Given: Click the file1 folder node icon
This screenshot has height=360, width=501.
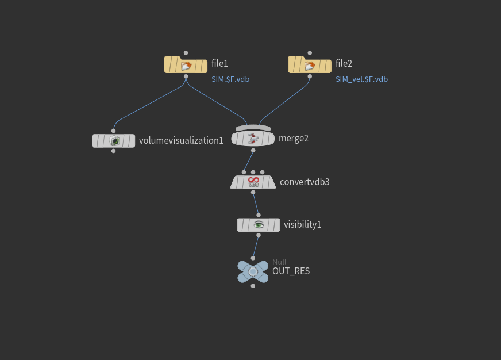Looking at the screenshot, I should pyautogui.click(x=186, y=64).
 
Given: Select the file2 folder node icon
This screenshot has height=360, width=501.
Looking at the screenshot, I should pyautogui.click(x=310, y=64).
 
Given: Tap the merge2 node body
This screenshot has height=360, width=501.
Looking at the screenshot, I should pyautogui.click(x=253, y=138).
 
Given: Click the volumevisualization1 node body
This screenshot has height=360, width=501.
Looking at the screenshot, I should pyautogui.click(x=114, y=140).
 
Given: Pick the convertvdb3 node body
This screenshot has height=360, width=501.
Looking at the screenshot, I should pyautogui.click(x=253, y=182).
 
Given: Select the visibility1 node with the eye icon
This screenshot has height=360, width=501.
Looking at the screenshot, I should pyautogui.click(x=259, y=225).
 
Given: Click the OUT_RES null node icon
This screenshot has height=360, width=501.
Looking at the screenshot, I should pyautogui.click(x=253, y=271).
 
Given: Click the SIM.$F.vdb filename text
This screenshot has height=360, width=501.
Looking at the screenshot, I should pyautogui.click(x=230, y=79).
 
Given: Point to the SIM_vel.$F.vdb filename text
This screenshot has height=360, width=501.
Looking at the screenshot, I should pyautogui.click(x=361, y=79).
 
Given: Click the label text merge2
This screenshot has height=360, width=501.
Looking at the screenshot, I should pyautogui.click(x=294, y=138).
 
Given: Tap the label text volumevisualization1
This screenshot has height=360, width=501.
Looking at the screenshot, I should pyautogui.click(x=181, y=140).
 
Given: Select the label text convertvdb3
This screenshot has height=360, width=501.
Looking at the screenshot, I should pyautogui.click(x=305, y=182).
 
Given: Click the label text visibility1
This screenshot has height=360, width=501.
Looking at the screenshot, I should pyautogui.click(x=302, y=225).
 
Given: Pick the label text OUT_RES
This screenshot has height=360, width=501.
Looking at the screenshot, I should pyautogui.click(x=291, y=271).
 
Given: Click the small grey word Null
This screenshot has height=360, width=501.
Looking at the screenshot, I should pyautogui.click(x=279, y=262).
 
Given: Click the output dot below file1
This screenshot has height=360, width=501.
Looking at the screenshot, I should pyautogui.click(x=186, y=76).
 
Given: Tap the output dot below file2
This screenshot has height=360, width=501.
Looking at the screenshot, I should pyautogui.click(x=310, y=76).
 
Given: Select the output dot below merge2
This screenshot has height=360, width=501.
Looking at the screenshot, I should pyautogui.click(x=253, y=150).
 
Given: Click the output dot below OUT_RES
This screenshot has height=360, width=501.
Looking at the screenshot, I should pyautogui.click(x=253, y=286).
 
